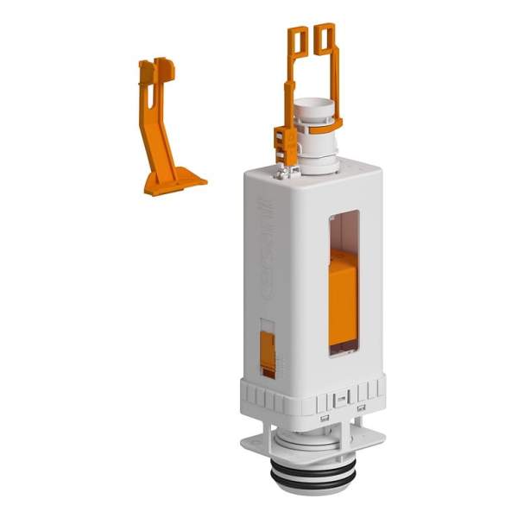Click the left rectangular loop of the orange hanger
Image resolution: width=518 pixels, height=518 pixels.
[297, 39]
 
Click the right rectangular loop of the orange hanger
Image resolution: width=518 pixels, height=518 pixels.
[325, 37]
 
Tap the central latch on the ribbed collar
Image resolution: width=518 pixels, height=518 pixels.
[342, 400]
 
